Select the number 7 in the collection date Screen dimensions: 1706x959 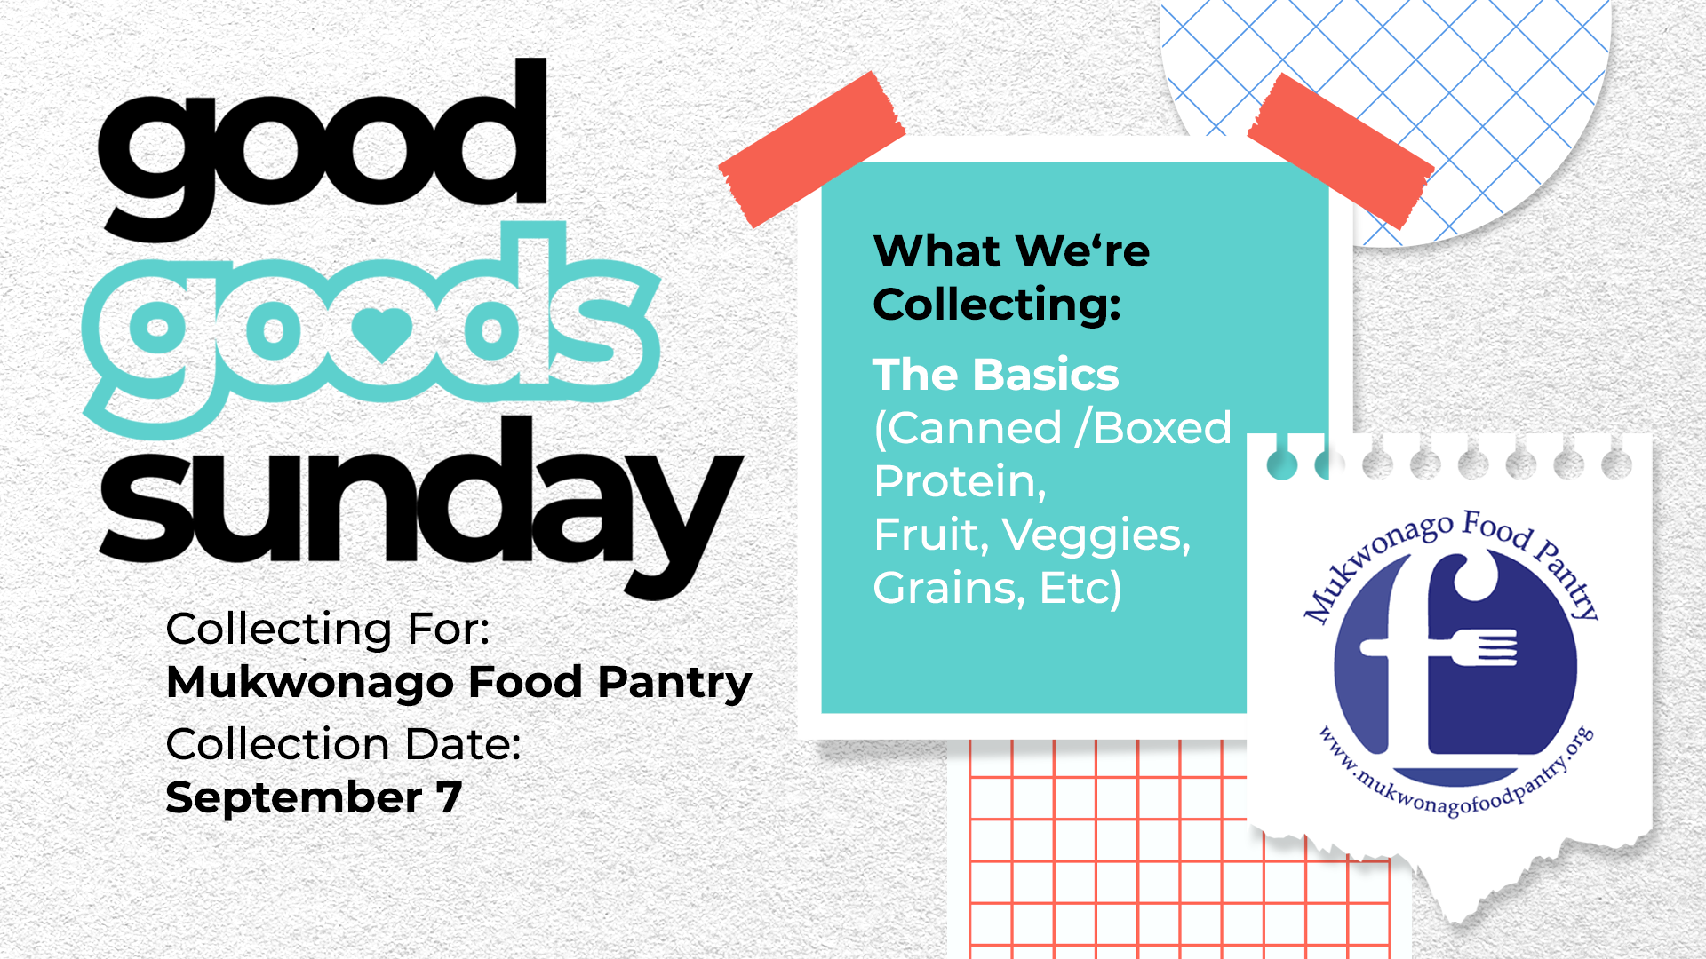click(x=449, y=797)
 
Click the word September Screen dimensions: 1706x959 click(x=294, y=798)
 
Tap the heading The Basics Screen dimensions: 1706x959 click(x=996, y=375)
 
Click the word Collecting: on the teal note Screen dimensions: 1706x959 click(x=997, y=305)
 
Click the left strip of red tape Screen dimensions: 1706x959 click(x=811, y=150)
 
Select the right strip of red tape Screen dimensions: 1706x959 click(x=1341, y=152)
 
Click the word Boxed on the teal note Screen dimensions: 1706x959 click(x=1162, y=428)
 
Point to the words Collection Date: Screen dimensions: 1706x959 click(x=343, y=744)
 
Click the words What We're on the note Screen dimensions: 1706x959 click(x=1011, y=251)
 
